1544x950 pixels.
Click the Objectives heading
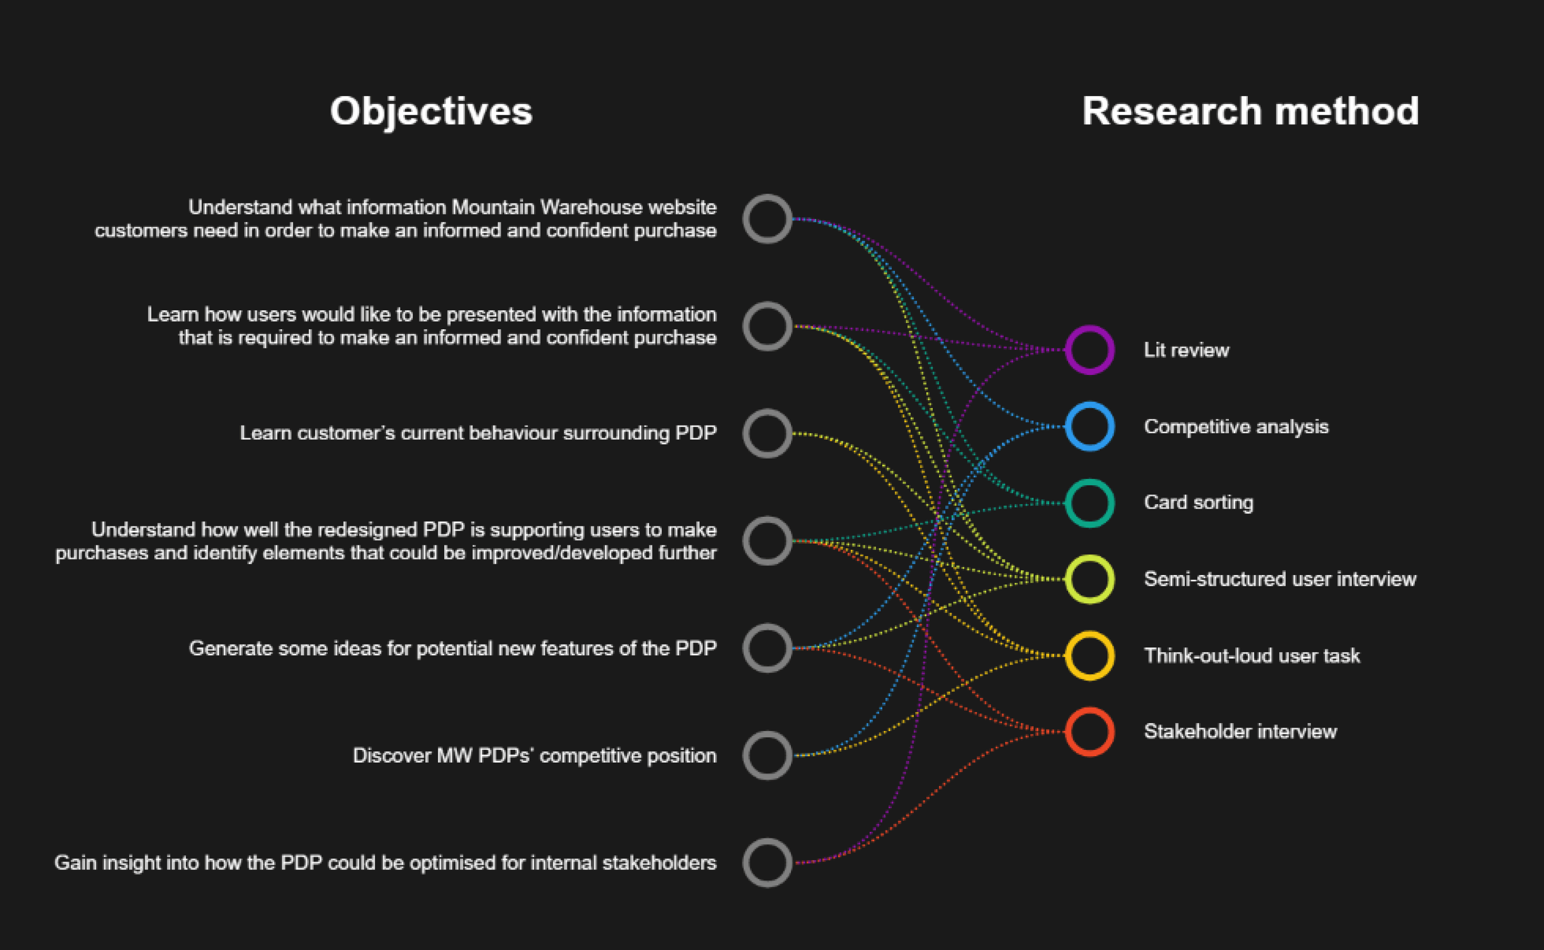pos(431,111)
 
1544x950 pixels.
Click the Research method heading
pos(1250,111)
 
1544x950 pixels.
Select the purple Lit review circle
pos(1089,350)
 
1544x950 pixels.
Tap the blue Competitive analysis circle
pos(1089,426)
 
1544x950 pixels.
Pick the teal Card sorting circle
pos(1089,503)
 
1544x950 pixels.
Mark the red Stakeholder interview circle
pos(1089,732)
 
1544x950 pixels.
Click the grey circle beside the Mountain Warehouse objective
pos(767,219)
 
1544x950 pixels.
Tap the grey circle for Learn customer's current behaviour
pos(767,434)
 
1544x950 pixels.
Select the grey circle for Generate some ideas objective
pos(767,648)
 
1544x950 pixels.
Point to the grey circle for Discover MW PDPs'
pos(767,755)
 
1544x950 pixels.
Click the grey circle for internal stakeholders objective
pos(767,863)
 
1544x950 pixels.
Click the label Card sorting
pos(1198,503)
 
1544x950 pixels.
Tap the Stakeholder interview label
pos(1240,731)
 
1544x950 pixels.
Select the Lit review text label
pos(1186,350)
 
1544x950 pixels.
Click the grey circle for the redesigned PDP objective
pos(767,541)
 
